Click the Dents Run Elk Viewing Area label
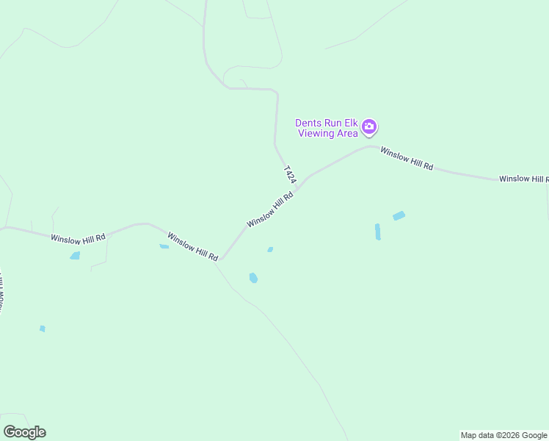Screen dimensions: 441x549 click(327, 128)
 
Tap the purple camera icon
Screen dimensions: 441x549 click(369, 127)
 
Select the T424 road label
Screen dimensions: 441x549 click(289, 175)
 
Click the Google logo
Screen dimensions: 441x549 click(24, 432)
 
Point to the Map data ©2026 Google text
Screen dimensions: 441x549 click(503, 435)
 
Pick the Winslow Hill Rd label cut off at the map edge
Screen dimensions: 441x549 click(523, 179)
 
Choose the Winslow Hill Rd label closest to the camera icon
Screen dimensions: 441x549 click(407, 159)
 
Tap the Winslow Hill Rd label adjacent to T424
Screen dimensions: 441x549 click(270, 209)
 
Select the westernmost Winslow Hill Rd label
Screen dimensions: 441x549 click(79, 238)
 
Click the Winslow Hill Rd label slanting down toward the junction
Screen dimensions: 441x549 click(193, 246)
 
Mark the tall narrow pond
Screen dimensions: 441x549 click(377, 232)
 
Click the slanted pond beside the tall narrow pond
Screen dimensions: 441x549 click(399, 216)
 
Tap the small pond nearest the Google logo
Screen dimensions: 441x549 click(43, 329)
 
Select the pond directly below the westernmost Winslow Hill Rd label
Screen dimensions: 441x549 click(74, 256)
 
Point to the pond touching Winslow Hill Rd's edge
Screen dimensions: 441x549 click(164, 246)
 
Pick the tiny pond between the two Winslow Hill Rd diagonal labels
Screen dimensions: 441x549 click(270, 250)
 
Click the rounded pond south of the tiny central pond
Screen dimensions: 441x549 click(253, 278)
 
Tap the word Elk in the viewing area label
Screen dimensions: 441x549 click(350, 123)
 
